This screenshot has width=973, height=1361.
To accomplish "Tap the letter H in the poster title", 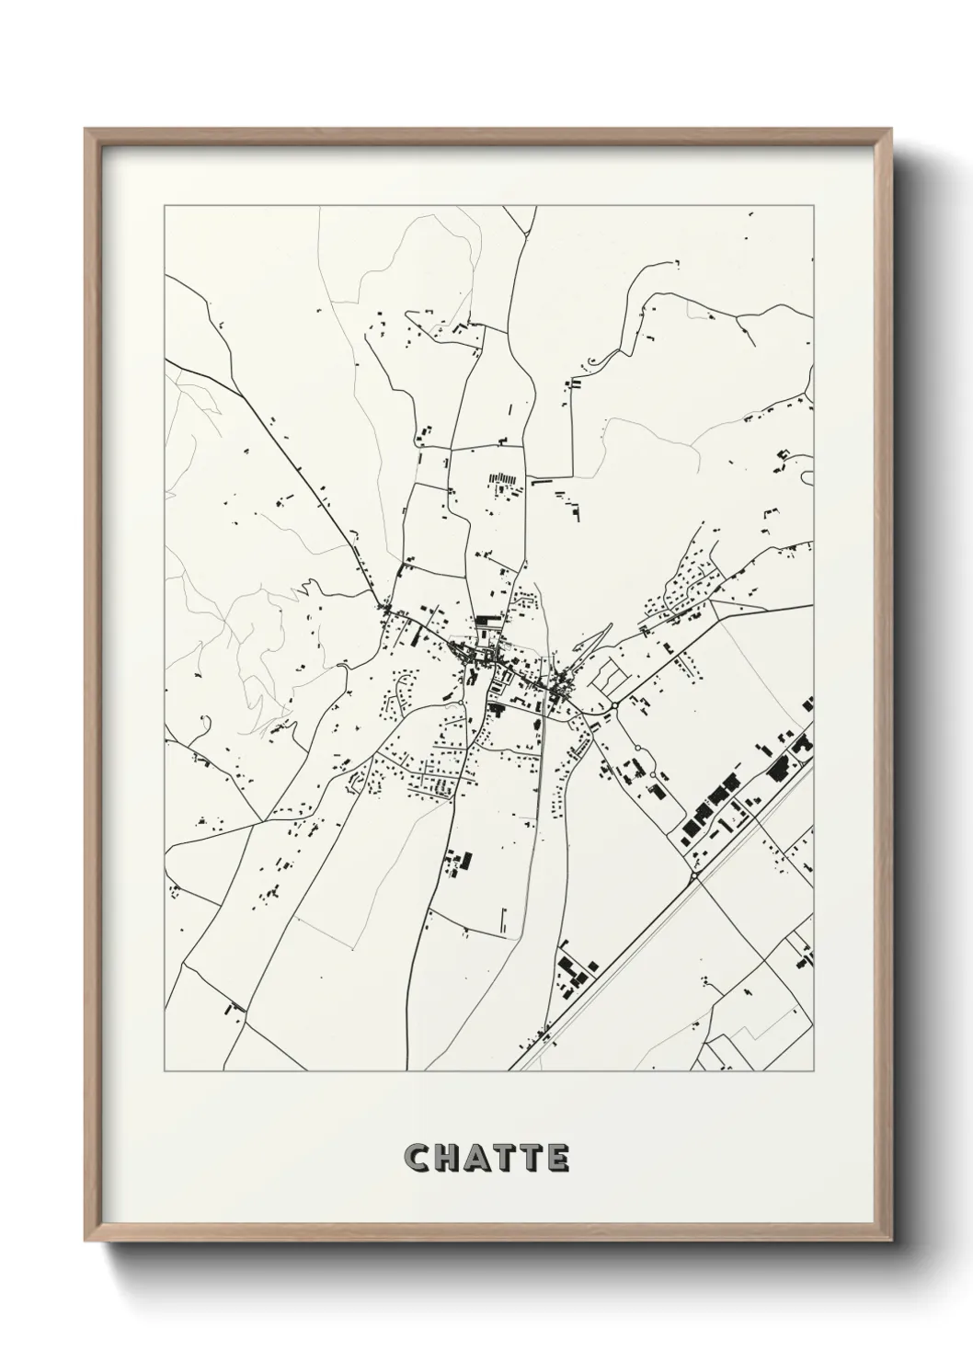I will (445, 1158).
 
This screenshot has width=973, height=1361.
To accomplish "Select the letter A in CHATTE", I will (475, 1158).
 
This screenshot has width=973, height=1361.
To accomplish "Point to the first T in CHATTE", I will (505, 1158).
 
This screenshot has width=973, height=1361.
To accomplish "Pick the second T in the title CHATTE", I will (532, 1158).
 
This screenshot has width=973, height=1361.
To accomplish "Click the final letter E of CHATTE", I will (559, 1158).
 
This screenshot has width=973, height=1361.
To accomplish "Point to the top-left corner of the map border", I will (165, 207).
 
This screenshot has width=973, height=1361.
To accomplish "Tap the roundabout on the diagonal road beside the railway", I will (695, 876).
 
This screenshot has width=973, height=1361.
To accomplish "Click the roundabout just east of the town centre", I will (614, 705).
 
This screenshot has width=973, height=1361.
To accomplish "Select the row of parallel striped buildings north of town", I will (504, 478).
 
